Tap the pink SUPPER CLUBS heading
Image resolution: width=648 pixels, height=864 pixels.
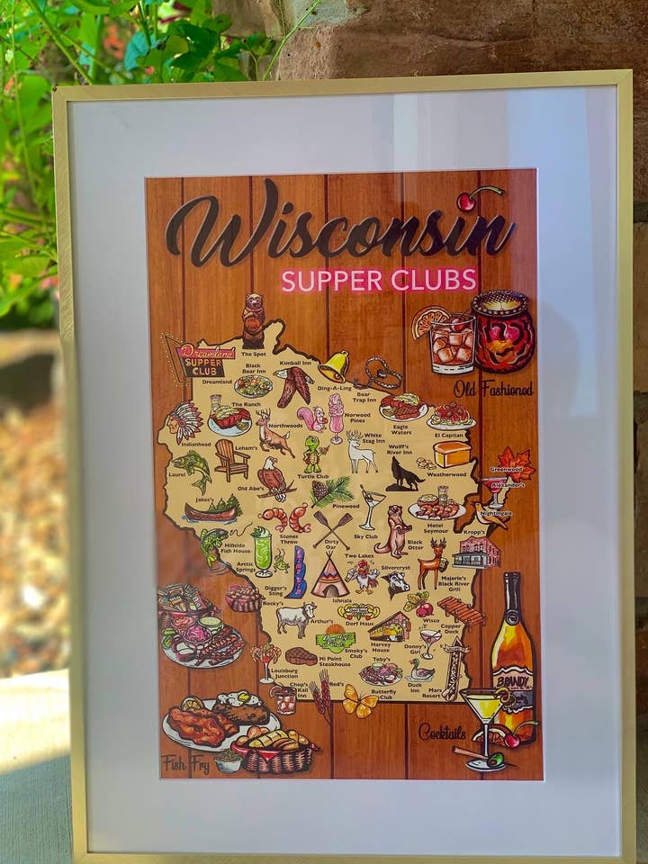[x=378, y=280]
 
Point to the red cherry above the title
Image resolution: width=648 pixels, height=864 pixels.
[x=466, y=202]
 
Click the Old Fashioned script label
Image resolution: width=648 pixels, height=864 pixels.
[x=492, y=389]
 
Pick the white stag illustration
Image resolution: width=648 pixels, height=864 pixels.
[x=361, y=453]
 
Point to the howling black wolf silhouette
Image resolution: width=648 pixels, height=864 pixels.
[x=403, y=474]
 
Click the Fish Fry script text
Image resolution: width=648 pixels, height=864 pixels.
[x=185, y=765]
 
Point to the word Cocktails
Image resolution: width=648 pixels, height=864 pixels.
[x=442, y=732]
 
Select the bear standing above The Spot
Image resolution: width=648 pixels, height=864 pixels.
[x=254, y=320]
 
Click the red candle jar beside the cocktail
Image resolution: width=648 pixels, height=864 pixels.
[x=502, y=331]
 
